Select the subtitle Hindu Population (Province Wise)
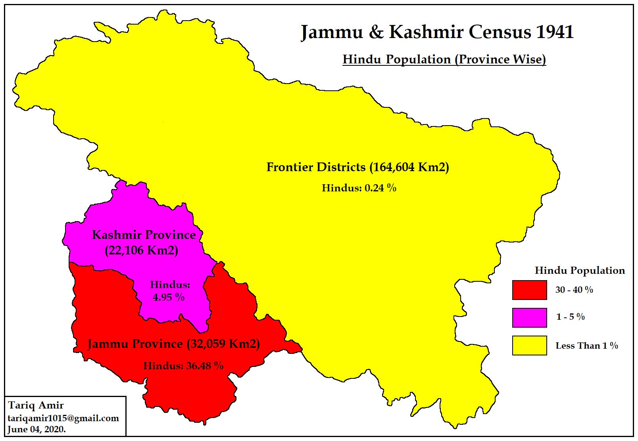444,59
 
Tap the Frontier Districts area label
357,167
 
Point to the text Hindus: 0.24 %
359,188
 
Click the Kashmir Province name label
144,235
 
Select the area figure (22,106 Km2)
141,250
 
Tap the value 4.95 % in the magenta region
169,297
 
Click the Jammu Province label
173,344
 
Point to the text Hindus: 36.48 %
183,366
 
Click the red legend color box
529,290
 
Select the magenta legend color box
529,318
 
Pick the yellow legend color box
529,346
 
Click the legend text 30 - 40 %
574,290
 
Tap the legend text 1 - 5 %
570,317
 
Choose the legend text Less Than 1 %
586,346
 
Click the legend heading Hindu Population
579,271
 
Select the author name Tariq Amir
36,405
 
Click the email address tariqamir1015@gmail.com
63,418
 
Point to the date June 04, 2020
37,430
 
